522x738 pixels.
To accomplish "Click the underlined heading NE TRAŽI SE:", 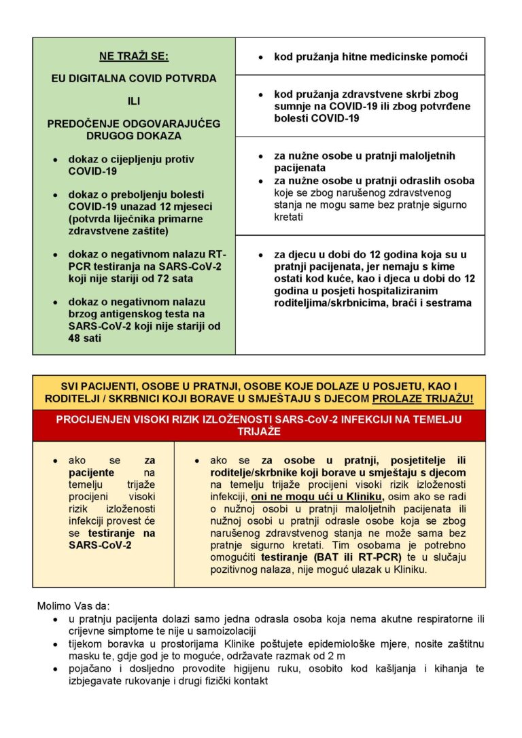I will pyautogui.click(x=134, y=56).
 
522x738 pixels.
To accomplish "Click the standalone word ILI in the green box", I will pyautogui.click(x=134, y=101).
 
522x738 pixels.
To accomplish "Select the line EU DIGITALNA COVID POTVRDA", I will pyautogui.click(x=134, y=78).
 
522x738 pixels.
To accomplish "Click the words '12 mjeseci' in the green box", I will pyautogui.click(x=179, y=207).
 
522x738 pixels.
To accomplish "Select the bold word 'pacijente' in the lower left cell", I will pyautogui.click(x=91, y=472).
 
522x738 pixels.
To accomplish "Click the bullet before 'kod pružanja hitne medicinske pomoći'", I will pyautogui.click(x=260, y=58).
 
